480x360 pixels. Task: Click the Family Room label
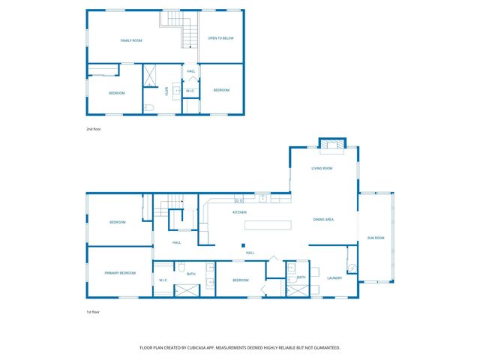coord(132,40)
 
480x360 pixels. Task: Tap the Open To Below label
coord(221,37)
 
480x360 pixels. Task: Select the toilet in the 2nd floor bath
coord(148,109)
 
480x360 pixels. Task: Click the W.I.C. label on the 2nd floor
coord(190,91)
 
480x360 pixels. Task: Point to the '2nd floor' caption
coord(93,130)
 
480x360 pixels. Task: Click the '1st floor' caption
coord(93,311)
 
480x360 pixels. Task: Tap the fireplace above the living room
coord(331,144)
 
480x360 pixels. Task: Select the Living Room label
coord(322,168)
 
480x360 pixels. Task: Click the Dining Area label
coord(323,219)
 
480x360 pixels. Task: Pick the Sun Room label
coord(375,238)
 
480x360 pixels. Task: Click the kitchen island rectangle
coord(267,224)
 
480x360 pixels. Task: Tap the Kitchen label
coord(239,212)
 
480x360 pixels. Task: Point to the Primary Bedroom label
coord(120,273)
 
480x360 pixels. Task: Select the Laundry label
coord(334,277)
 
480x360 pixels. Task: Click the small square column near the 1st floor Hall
coord(242,244)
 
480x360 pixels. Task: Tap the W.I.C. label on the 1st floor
coord(163,280)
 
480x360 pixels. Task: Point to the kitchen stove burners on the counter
coord(239,199)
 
